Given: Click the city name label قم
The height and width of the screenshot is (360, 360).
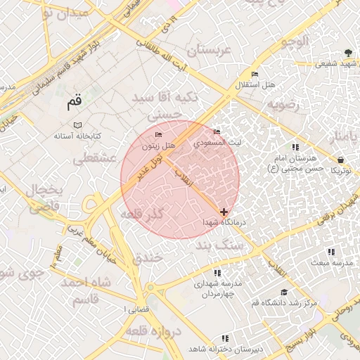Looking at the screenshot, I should pyautogui.click(x=75, y=103).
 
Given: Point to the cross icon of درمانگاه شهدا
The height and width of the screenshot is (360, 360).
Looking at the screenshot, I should pyautogui.click(x=224, y=212).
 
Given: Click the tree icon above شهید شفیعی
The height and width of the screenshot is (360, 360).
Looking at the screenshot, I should pyautogui.click(x=348, y=53).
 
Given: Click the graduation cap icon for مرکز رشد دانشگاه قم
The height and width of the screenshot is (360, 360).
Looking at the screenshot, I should pyautogui.click(x=284, y=292).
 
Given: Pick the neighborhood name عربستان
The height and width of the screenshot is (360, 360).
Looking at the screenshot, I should pyautogui.click(x=208, y=51).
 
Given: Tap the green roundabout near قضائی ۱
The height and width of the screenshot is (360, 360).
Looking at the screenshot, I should pyautogui.click(x=150, y=288).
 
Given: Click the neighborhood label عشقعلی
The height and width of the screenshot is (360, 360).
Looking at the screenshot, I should pyautogui.click(x=94, y=159).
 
